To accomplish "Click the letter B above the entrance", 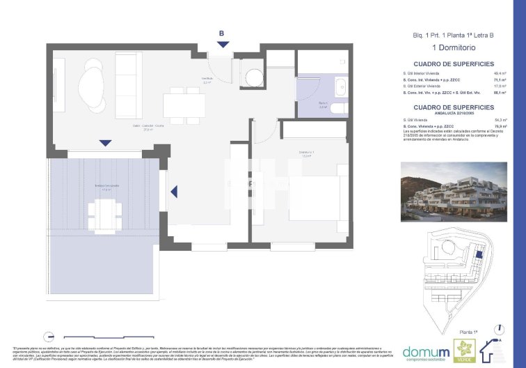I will (x=221, y=33).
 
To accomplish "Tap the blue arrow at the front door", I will (x=222, y=45).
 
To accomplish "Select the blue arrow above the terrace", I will (x=105, y=143).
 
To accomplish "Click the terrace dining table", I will (x=106, y=209).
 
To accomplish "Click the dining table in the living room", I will (x=184, y=105).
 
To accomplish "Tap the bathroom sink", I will (x=340, y=88).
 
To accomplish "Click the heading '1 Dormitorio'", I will (x=452, y=47).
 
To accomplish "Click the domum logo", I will (x=424, y=349).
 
